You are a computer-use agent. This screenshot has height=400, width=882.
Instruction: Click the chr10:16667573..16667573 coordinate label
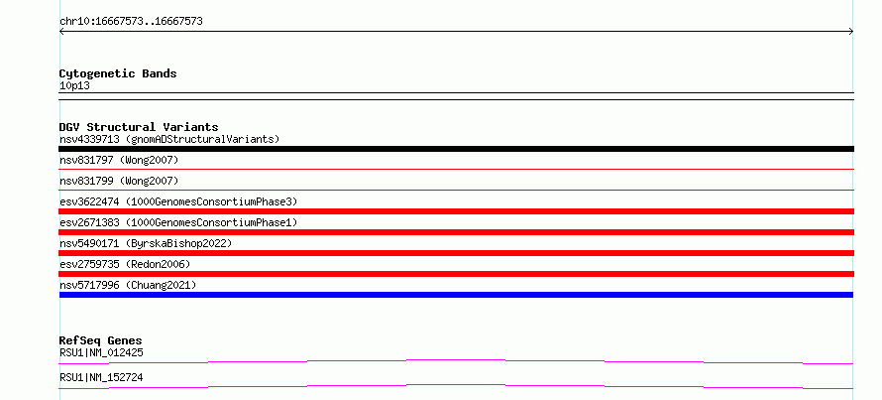131,22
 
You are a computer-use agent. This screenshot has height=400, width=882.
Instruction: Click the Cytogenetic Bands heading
118,73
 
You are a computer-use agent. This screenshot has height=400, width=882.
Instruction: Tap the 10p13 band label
74,86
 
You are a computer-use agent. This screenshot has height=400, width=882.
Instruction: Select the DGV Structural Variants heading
139,127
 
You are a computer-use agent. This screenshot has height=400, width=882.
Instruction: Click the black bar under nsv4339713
456,149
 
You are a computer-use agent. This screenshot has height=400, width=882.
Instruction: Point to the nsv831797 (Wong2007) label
119,161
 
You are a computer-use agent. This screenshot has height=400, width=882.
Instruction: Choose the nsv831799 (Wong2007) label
119,181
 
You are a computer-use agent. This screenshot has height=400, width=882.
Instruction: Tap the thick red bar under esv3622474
456,211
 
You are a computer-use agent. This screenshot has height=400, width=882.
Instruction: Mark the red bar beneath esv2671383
456,232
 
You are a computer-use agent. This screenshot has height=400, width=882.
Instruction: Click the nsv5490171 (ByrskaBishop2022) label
146,243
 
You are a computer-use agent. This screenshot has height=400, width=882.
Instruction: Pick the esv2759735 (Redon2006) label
125,264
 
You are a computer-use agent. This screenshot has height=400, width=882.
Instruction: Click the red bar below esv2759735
456,274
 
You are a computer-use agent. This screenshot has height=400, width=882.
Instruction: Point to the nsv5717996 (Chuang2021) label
128,285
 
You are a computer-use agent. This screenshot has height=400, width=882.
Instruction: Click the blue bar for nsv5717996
456,295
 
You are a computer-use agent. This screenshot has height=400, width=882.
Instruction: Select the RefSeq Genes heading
100,340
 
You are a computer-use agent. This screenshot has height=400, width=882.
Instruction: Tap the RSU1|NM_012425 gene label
101,352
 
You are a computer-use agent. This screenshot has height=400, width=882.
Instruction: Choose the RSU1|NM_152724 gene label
101,377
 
